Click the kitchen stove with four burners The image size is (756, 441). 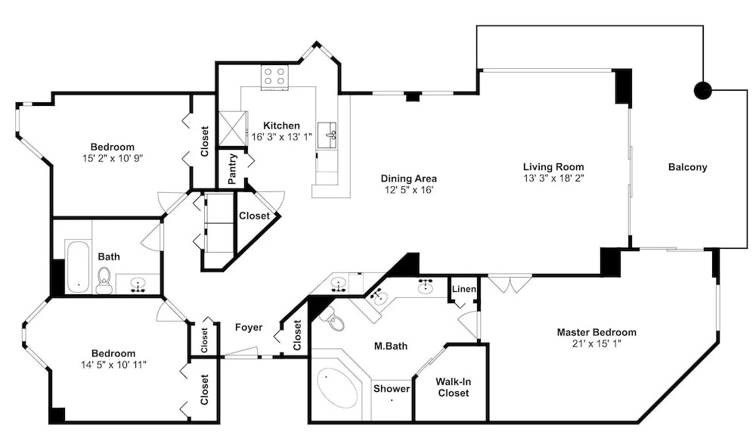click(x=275, y=77)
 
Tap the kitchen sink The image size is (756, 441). click(x=332, y=134)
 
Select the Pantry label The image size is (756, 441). click(x=232, y=169)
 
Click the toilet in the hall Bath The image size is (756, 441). click(x=104, y=281)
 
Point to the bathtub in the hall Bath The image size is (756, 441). click(x=77, y=266)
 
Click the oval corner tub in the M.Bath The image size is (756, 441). click(x=337, y=388)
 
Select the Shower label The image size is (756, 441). click(x=392, y=388)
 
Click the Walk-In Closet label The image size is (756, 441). click(x=453, y=387)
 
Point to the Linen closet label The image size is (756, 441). click(x=464, y=289)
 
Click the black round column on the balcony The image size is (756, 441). click(x=702, y=90)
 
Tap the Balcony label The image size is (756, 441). click(x=687, y=167)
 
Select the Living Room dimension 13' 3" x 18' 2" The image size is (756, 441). click(x=553, y=178)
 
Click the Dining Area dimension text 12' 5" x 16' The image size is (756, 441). click(x=409, y=190)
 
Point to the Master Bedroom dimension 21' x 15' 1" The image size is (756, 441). click(x=596, y=343)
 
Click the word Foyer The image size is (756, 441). click(x=249, y=327)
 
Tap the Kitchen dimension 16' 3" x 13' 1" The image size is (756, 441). click(x=281, y=137)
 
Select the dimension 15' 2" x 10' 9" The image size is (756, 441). click(x=113, y=158)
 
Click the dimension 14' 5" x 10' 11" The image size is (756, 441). click(x=113, y=365)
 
